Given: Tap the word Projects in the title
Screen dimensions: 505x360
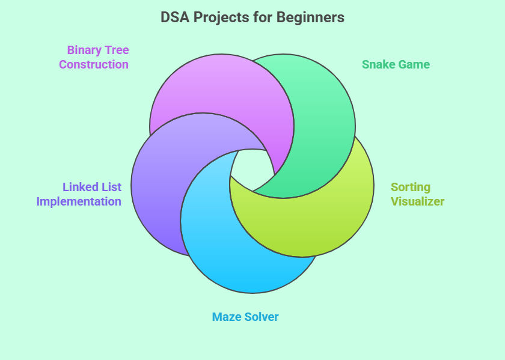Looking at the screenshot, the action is (222, 17).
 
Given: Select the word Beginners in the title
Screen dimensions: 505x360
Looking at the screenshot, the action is (310, 17).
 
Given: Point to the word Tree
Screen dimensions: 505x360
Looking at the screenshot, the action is (117, 50).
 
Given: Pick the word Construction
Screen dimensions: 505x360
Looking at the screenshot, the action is (94, 64).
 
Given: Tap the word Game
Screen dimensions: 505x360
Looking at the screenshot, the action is (414, 64).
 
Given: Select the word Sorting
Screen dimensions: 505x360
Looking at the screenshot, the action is (411, 188).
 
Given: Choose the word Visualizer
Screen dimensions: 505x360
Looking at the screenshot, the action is (418, 201).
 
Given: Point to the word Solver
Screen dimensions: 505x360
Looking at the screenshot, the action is (262, 317).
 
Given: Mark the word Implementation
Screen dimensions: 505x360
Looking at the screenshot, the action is (79, 202).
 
